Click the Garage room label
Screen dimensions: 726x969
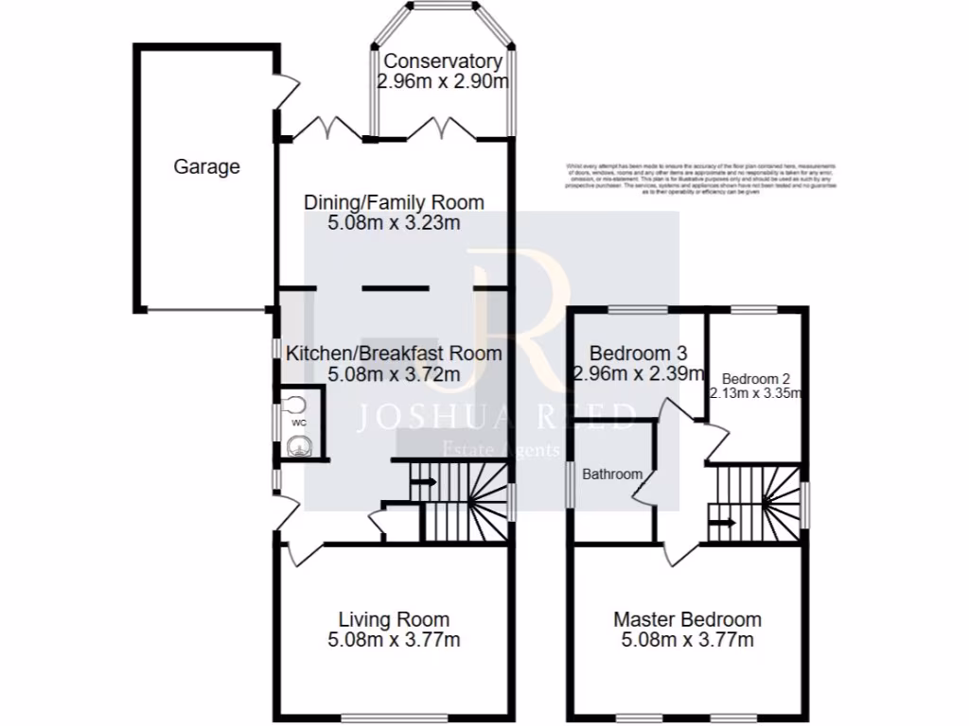click(206, 167)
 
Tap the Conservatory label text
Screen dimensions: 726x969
click(443, 62)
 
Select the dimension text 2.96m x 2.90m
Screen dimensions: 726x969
click(443, 81)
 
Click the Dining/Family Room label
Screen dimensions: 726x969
click(394, 202)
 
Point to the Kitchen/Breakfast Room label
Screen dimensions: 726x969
click(394, 354)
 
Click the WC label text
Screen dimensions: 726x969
click(298, 423)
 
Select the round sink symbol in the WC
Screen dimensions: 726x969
click(299, 445)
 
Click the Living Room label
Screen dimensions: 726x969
click(394, 620)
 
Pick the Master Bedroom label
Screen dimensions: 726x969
click(687, 620)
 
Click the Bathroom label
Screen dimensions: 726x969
click(612, 474)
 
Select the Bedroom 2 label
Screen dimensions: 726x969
click(756, 376)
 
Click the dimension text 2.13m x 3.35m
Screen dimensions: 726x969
click(756, 393)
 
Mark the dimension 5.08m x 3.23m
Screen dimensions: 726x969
click(394, 223)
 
